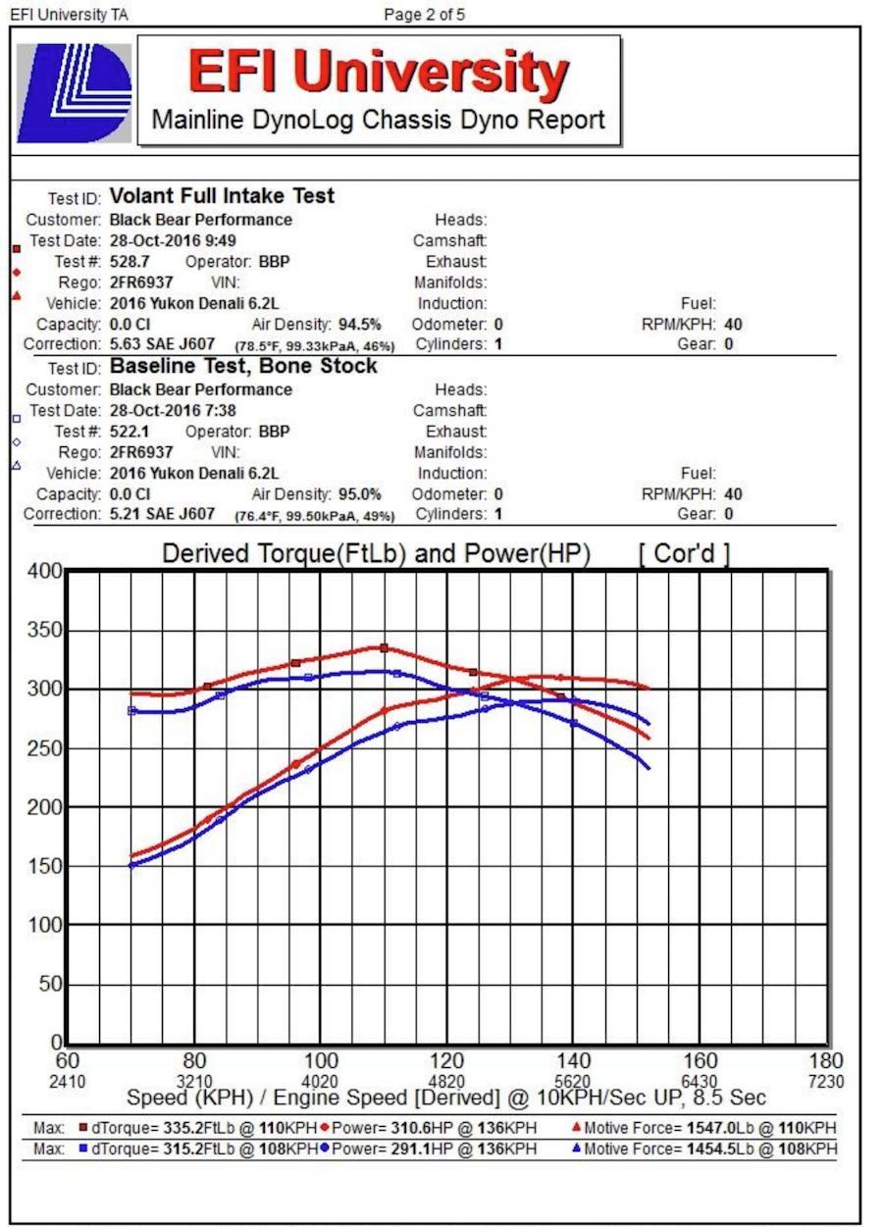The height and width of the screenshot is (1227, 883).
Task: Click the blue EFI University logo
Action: [x=75, y=93]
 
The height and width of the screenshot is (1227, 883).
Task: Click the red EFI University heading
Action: [x=378, y=73]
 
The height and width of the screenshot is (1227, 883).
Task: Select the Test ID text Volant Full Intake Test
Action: [x=222, y=196]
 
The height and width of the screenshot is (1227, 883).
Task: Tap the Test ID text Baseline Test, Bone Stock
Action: [x=243, y=366]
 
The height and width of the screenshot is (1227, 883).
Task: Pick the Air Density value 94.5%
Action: [x=360, y=324]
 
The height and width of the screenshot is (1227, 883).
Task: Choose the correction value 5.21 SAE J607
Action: [x=162, y=514]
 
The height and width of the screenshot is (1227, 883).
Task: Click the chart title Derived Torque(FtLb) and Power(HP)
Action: [x=376, y=554]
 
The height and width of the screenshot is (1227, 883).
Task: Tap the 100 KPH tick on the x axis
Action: [x=321, y=1061]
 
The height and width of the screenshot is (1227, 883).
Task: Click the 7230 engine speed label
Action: [x=825, y=1081]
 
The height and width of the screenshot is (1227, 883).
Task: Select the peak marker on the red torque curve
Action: [x=384, y=647]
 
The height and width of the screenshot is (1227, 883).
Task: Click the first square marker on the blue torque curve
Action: [x=132, y=710]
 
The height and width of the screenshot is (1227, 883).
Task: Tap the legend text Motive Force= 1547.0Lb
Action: [x=668, y=1129]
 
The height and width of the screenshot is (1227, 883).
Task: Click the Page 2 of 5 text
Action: [x=425, y=15]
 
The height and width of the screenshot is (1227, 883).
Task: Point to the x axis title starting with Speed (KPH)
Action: [x=446, y=1098]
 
